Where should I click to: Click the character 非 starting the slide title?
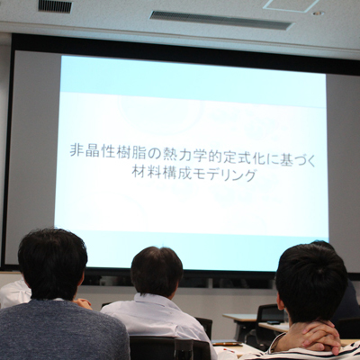76,151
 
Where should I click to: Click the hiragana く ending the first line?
311,159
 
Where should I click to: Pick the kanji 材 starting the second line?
139,172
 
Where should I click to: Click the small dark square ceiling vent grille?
55,5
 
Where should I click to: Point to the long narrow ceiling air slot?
221,21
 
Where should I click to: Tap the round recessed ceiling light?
319,13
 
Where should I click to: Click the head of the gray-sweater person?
52,264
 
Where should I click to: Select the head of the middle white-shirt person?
157,272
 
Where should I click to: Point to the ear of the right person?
280,301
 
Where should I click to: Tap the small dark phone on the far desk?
274,323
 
